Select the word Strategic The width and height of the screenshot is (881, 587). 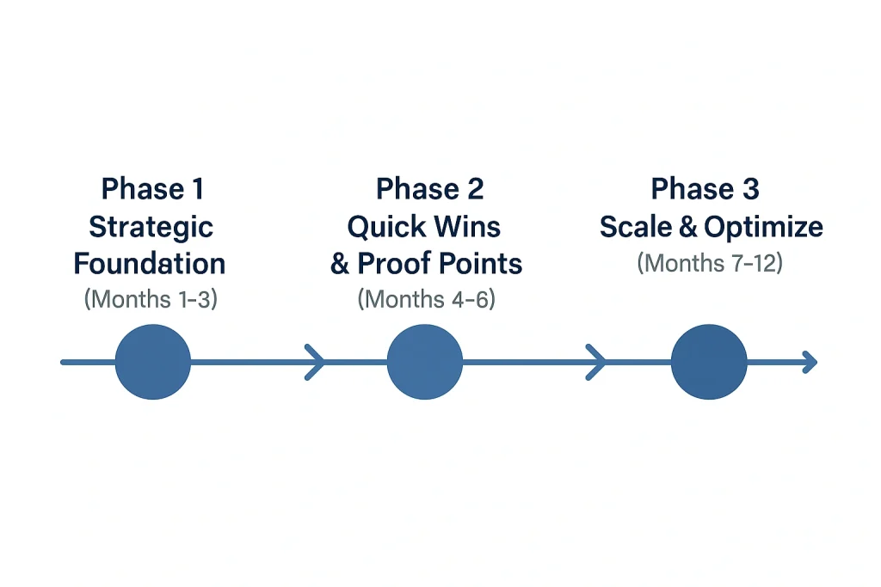151,227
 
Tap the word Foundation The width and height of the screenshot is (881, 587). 151,263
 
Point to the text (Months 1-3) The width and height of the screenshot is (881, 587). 151,299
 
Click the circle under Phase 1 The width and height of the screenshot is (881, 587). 152,362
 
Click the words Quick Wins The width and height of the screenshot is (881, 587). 424,227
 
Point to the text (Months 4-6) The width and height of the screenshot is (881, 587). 426,299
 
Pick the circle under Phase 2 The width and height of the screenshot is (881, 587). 424,362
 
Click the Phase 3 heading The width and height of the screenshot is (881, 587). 705,189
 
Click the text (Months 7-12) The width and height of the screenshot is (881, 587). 710,262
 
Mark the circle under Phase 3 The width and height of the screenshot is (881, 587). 708,362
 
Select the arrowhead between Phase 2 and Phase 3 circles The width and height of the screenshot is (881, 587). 596,362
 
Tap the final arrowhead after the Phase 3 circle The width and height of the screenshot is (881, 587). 809,362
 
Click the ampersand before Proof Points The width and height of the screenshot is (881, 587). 340,264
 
